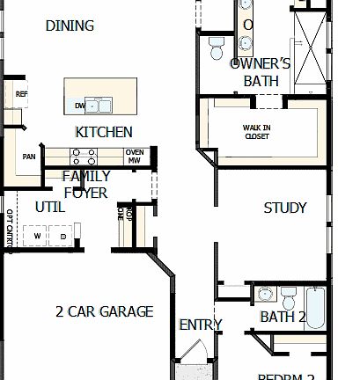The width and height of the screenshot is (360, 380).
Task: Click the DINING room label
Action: click(70, 26)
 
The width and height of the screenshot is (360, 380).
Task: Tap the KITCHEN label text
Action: click(104, 132)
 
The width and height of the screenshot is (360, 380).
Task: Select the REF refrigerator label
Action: click(21, 93)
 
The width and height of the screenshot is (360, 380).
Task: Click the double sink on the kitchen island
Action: click(105, 106)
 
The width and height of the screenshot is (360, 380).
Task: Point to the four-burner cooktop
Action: click(83, 157)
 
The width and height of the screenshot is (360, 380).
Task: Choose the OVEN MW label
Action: click(135, 157)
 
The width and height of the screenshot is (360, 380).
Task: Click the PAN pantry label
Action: click(29, 157)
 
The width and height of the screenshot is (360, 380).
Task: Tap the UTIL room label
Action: click(49, 208)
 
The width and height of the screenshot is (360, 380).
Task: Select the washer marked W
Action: click(38, 236)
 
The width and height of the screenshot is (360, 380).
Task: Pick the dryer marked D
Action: click(63, 236)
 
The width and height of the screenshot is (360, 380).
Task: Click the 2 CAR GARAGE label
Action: click(104, 311)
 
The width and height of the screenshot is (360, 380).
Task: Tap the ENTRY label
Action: click(200, 325)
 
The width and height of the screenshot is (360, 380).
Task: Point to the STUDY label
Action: click(285, 208)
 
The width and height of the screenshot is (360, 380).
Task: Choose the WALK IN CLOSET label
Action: click(257, 132)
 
